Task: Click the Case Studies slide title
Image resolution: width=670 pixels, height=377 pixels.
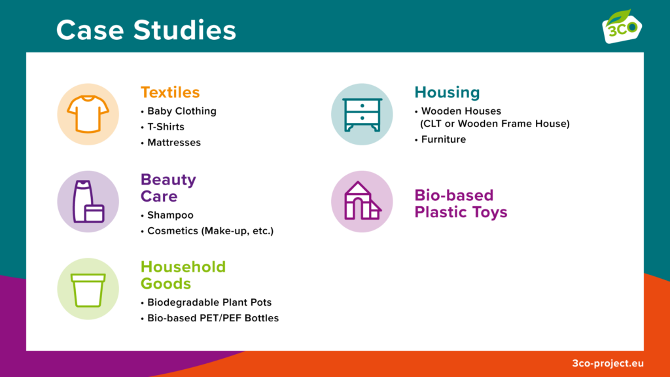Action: (x=146, y=30)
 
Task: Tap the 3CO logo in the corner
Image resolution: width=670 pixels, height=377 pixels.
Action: (x=622, y=26)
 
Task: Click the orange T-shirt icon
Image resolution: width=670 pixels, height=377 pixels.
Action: (x=88, y=114)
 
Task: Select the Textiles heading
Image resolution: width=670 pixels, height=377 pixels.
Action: (x=170, y=92)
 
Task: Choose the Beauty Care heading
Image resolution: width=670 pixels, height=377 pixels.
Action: (x=168, y=188)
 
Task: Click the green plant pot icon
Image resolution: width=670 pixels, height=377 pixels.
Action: (x=88, y=290)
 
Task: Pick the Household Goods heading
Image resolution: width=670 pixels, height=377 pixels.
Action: (x=183, y=275)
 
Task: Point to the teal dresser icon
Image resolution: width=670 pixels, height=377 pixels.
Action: (x=362, y=115)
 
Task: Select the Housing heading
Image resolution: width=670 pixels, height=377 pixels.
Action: (x=447, y=92)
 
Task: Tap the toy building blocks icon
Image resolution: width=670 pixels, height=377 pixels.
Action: (x=362, y=201)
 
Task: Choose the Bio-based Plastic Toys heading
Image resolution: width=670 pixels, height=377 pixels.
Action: (x=461, y=204)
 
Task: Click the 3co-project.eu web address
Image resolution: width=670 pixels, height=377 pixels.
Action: (x=608, y=363)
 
